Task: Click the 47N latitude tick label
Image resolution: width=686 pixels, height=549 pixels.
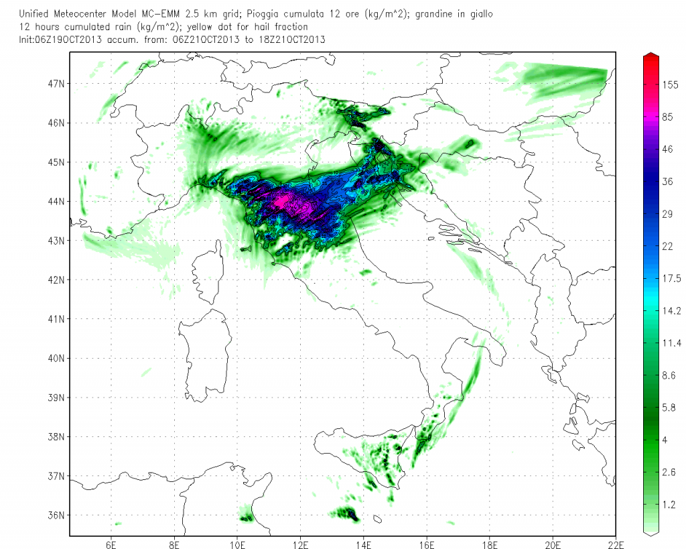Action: coord(56,84)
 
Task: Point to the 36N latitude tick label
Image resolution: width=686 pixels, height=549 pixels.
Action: coord(56,515)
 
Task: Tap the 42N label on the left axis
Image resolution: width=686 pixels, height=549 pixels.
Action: coord(56,280)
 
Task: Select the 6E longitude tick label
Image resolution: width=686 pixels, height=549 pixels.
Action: coord(111,544)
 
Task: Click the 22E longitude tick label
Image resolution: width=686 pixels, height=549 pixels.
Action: coord(616,544)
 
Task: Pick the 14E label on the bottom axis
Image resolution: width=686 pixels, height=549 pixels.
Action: coord(363,544)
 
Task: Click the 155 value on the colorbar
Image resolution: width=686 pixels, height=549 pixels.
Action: coord(670,85)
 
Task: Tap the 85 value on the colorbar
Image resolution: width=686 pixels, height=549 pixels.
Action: coord(667,117)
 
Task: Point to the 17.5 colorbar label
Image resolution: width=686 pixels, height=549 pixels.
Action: coord(671,278)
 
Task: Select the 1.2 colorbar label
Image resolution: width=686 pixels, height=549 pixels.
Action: coord(669,504)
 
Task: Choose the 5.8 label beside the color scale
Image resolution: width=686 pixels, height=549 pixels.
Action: coord(669,408)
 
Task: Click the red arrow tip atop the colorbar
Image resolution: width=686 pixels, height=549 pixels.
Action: coord(651,53)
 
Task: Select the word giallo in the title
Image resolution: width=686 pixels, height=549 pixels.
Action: coord(481,15)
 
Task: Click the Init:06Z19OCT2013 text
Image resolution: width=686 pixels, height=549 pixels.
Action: coord(60,40)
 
